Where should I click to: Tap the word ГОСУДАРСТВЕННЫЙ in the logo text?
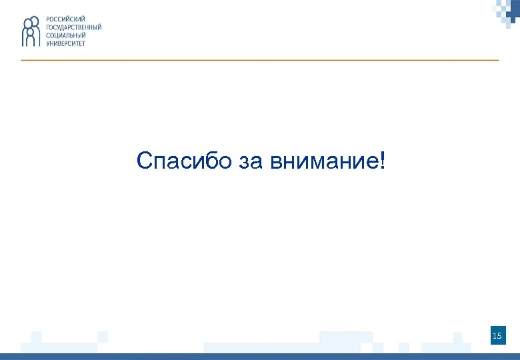(73, 27)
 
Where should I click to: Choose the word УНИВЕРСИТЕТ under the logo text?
(65, 43)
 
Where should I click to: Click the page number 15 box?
(497, 335)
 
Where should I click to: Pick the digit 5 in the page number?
(499, 335)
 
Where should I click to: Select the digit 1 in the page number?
(494, 335)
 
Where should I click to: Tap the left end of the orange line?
(23, 60)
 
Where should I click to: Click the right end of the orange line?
(497, 60)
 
